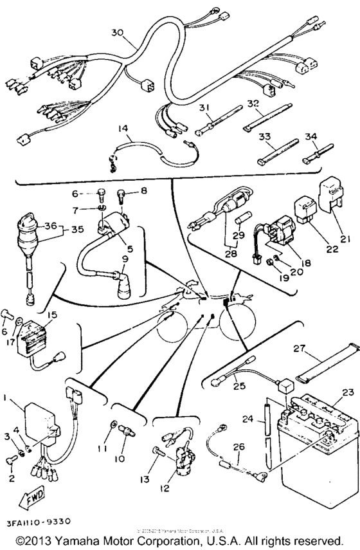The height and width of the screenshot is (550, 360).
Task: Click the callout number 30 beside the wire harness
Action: tap(116, 33)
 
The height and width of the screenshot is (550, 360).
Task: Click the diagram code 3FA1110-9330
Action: tap(40, 520)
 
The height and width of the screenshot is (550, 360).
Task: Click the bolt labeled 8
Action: tap(121, 191)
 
